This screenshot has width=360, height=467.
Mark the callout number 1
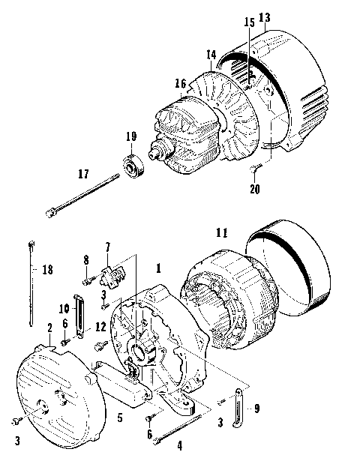click(x=158, y=267)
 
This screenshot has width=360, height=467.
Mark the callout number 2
click(x=49, y=328)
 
